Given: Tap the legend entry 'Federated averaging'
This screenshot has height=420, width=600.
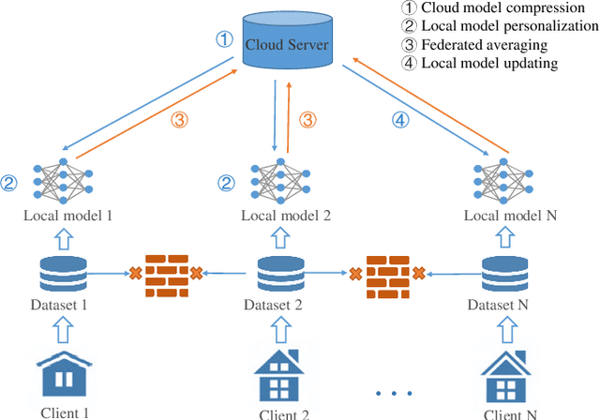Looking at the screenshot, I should coord(485,45).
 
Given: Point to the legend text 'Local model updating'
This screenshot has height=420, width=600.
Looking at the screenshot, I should coord(488,63).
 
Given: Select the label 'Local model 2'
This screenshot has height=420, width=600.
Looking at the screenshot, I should coord(286,215).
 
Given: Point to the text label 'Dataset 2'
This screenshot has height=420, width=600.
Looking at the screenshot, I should coord(274,305).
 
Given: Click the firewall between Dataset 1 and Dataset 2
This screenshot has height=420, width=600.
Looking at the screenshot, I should coord(165,274).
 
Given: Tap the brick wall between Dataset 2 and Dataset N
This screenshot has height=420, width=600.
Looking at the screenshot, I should coord(387,274).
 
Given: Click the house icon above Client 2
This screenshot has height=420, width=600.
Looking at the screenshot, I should coord(277,375).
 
